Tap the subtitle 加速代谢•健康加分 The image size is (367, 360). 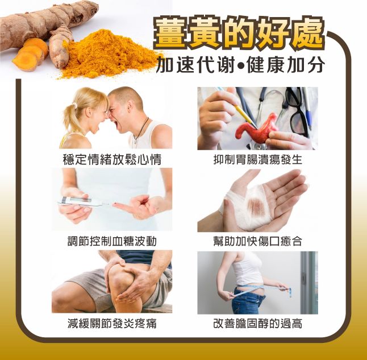pos(241,64)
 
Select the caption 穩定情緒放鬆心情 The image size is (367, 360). pos(112,159)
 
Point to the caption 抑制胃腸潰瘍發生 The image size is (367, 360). pos(258,159)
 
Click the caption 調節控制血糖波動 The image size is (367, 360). pos(112,241)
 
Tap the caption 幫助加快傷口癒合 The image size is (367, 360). pos(258,241)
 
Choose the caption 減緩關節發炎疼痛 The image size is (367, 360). pos(112,324)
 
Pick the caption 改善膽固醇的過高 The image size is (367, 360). pos(258,324)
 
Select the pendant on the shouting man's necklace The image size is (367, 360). pos(135,142)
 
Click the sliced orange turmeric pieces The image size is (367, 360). pos(29,55)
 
